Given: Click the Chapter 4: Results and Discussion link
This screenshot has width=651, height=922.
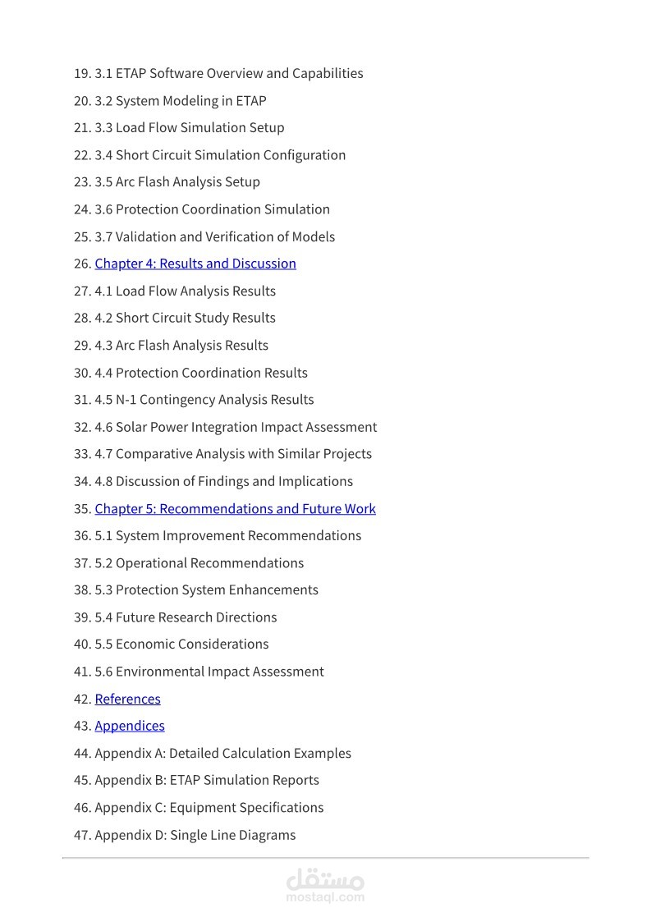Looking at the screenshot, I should pos(195,264).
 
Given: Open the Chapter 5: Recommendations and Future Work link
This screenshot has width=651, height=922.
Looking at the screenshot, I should pos(235,508).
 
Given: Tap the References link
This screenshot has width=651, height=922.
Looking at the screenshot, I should pos(127,699).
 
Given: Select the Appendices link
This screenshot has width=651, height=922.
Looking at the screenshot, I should pos(130,726).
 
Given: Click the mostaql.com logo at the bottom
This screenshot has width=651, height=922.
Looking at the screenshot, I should pos(325,884).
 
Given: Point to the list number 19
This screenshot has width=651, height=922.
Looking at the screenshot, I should pos(82,73).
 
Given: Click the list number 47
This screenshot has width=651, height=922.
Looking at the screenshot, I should pos(82,835).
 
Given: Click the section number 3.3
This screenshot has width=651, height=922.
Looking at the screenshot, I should pos(103,127).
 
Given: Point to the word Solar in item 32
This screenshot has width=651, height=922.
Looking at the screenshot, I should pos(131,427).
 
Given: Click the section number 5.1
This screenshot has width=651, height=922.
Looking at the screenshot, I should pos(103,535).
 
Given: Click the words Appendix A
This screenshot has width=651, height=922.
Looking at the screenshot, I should pos(130,753).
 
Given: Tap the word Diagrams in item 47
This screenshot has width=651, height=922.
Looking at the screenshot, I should pos(266,835).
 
